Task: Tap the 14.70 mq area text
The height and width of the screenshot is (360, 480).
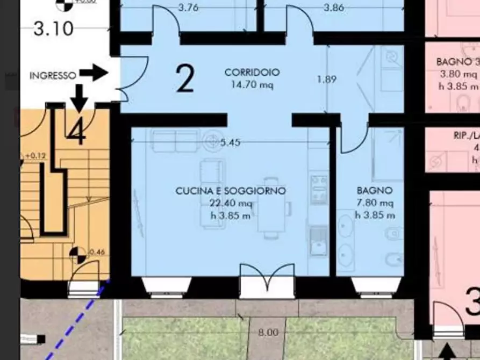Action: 252,84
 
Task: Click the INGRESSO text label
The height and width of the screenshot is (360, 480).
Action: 53,76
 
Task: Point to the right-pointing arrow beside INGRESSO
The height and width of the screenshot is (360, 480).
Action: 94,73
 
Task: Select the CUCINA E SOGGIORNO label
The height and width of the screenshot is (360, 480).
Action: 231,191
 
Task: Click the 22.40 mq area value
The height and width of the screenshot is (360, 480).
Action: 231,203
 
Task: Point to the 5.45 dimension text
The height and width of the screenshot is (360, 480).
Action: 230,142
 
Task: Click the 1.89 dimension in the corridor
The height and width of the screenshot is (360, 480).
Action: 326,80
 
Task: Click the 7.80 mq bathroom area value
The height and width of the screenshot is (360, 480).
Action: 375,203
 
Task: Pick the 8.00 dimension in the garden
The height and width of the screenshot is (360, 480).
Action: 268,333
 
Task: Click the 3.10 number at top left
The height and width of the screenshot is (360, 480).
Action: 53,28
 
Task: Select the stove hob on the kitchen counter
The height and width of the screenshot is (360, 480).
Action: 319,189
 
